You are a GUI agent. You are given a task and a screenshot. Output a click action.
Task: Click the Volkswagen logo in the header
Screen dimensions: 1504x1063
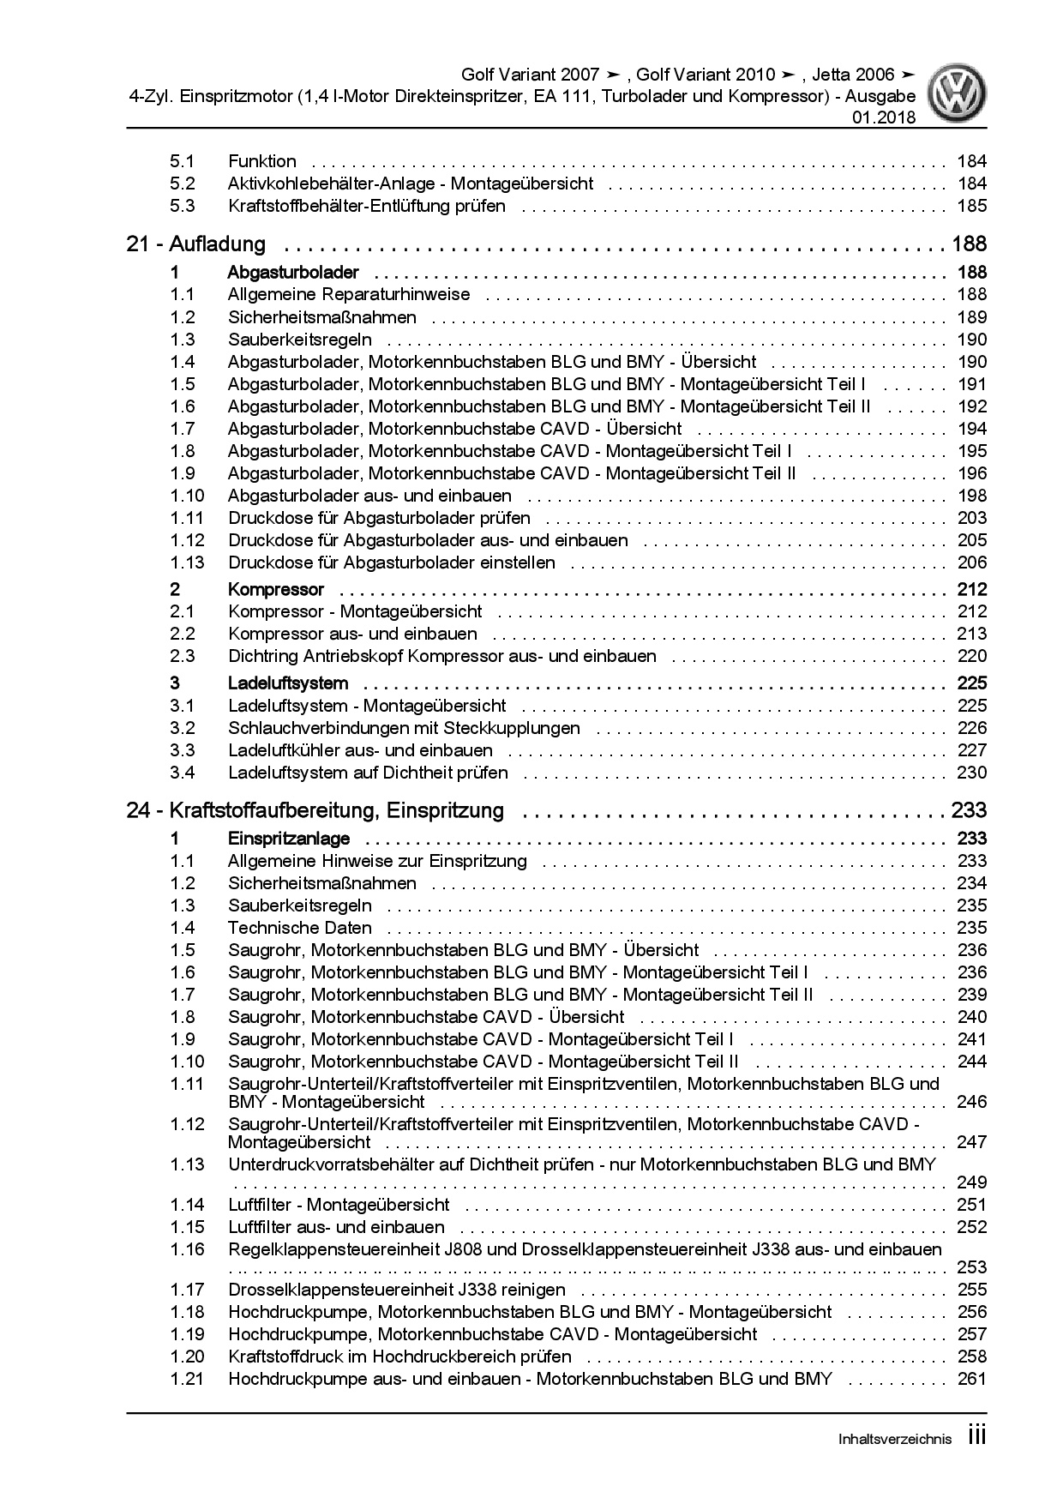point(960,93)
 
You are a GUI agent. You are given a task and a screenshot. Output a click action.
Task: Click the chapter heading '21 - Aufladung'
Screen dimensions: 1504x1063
point(195,244)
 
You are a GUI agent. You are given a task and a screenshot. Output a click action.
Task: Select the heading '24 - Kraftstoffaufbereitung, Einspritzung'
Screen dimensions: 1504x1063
point(315,810)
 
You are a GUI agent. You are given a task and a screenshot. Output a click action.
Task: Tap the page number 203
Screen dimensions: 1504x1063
point(972,518)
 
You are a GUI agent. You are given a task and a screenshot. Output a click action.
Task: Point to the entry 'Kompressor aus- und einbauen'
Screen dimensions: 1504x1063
point(352,634)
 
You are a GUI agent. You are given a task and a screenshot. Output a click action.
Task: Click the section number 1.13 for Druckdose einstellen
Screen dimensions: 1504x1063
point(187,562)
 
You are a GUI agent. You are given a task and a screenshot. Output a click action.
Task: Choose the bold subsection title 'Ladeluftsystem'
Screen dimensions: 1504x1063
point(288,683)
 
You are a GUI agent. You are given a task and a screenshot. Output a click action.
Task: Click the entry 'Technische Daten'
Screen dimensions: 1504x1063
point(300,928)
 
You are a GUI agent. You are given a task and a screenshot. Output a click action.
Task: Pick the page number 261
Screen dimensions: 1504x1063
point(972,1379)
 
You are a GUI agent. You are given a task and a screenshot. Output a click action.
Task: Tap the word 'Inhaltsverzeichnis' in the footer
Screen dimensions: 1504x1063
point(894,1440)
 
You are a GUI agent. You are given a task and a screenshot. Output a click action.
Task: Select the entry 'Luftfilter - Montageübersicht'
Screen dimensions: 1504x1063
point(339,1205)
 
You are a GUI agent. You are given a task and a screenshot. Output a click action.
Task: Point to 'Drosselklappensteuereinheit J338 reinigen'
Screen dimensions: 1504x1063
point(397,1290)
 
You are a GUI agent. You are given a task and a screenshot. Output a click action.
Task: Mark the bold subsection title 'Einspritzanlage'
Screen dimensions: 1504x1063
point(288,839)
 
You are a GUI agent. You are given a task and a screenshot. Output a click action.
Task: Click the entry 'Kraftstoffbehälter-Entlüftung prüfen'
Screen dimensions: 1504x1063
point(367,206)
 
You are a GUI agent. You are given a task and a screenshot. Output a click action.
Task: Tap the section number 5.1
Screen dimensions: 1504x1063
point(182,161)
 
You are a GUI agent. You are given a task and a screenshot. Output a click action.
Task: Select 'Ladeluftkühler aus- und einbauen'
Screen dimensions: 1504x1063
point(360,750)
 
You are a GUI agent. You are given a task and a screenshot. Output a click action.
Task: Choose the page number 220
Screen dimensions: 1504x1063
point(972,656)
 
